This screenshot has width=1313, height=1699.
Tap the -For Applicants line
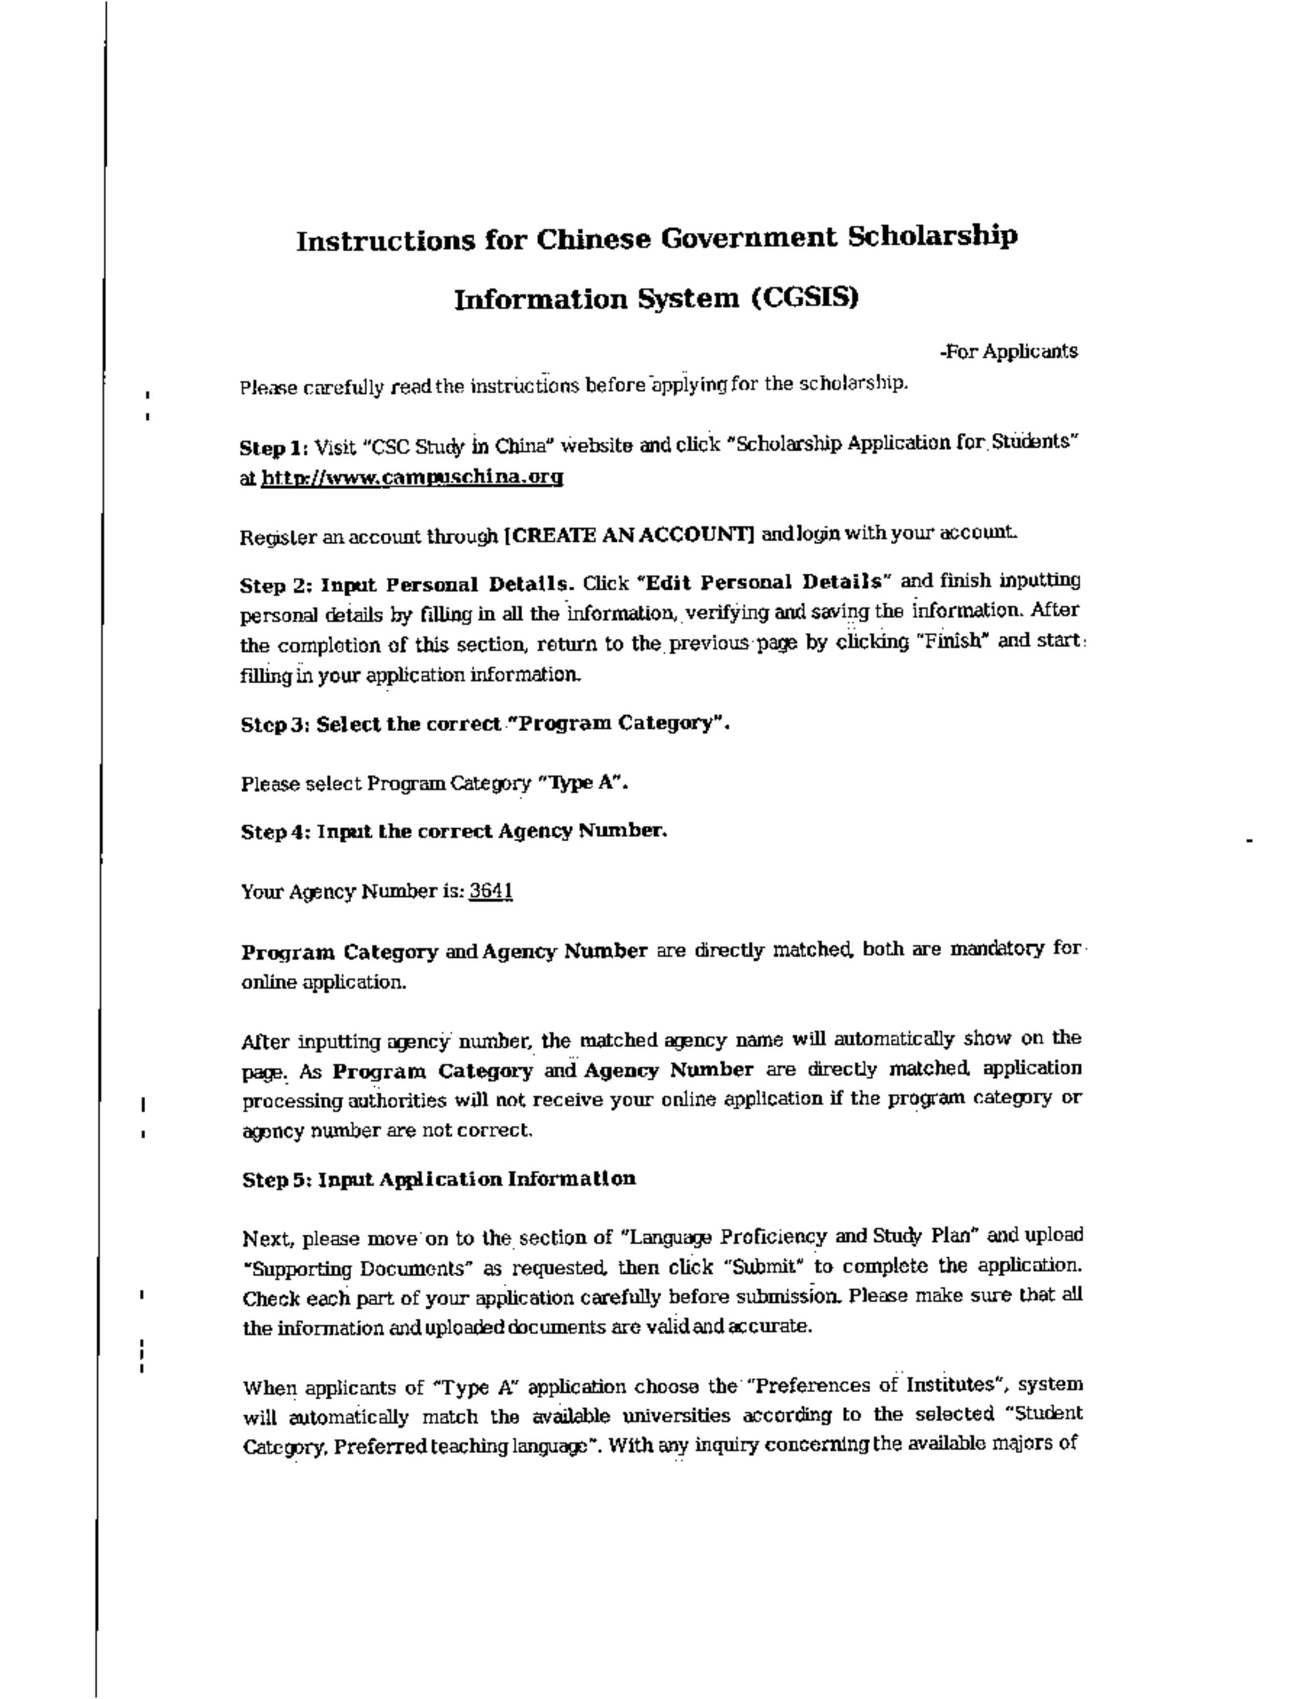point(1008,352)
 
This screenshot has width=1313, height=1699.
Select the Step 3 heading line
point(486,724)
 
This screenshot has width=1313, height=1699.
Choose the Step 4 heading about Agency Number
point(454,831)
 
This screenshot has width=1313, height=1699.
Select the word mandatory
point(998,950)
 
